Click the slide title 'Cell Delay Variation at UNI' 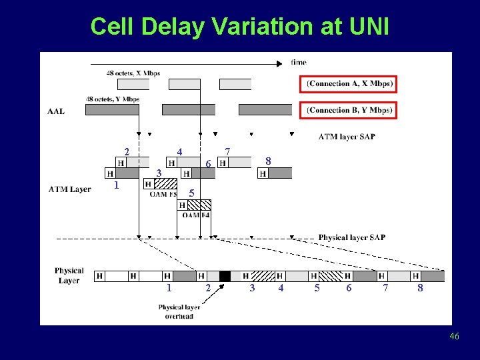(239, 27)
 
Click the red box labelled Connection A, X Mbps (349, 84)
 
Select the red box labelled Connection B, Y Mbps (349, 110)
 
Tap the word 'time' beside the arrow (299, 63)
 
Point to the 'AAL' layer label (56, 111)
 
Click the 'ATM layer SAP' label (347, 137)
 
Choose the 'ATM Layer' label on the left (69, 189)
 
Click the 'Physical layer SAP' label (351, 237)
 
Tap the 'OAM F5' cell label (163, 195)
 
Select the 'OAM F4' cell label (196, 215)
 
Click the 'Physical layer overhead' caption (179, 311)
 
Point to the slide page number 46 (454, 337)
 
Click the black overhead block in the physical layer (225, 276)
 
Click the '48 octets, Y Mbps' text (112, 99)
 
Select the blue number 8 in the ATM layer (267, 161)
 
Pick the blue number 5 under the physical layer (317, 288)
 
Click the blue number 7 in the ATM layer (227, 152)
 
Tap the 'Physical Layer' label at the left (69, 275)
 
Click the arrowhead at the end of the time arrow (280, 64)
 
